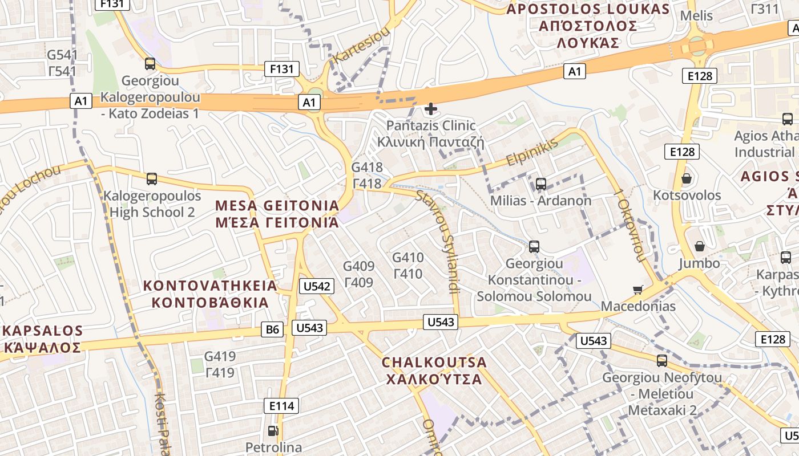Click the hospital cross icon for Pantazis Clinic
click(x=431, y=108)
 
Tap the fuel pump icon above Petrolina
click(x=273, y=430)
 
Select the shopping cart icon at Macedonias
click(x=638, y=290)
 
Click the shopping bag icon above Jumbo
click(x=699, y=246)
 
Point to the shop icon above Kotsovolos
click(x=687, y=178)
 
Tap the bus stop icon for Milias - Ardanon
click(x=540, y=184)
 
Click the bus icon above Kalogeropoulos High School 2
click(x=152, y=179)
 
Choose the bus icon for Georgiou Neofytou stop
click(x=662, y=361)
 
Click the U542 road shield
click(x=316, y=286)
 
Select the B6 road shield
click(x=273, y=329)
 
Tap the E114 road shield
click(x=281, y=406)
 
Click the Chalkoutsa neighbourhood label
click(x=434, y=370)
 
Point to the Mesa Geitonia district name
click(x=277, y=214)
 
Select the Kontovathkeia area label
click(x=209, y=294)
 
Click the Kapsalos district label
click(x=43, y=339)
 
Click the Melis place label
click(x=697, y=15)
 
